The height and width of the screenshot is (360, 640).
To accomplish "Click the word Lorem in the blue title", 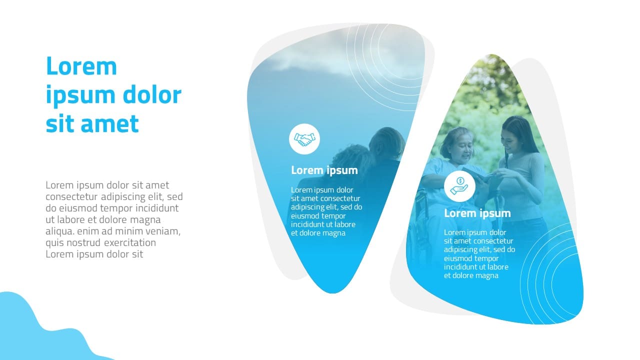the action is (81, 66).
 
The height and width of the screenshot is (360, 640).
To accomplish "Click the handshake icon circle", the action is (304, 139).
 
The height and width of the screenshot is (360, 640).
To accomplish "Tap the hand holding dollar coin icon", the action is (459, 186).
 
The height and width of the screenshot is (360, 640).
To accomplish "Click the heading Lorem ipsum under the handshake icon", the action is (324, 170).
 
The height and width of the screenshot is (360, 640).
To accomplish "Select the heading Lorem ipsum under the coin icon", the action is (477, 213).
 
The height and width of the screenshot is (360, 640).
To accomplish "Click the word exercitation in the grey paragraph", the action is (130, 242).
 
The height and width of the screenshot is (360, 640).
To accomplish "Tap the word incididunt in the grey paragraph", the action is (157, 208).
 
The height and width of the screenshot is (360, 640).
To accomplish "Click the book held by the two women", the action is (477, 173).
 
